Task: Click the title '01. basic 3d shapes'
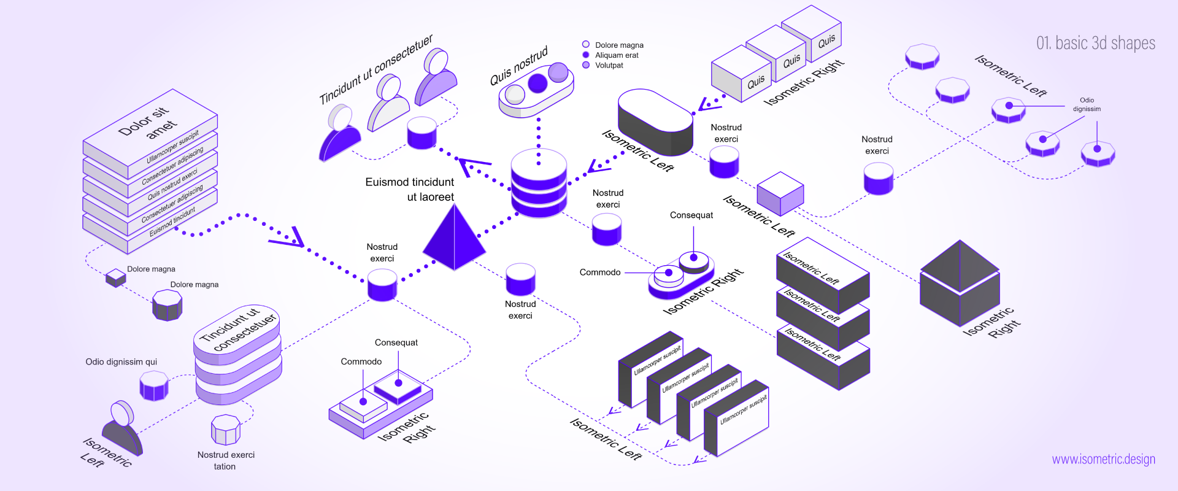tap(1095, 43)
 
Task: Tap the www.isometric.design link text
tap(1103, 459)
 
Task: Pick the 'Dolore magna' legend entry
tap(618, 45)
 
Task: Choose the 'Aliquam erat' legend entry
tap(616, 55)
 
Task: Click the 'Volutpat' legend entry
tap(609, 65)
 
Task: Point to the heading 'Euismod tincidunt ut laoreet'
tap(410, 189)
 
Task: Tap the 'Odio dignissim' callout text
tap(1087, 104)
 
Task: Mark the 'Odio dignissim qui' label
tap(121, 362)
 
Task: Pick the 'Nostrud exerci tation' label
tap(225, 460)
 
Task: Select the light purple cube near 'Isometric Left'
tap(780, 193)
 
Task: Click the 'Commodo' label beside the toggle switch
tap(599, 273)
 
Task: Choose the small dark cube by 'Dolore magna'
tap(115, 277)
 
